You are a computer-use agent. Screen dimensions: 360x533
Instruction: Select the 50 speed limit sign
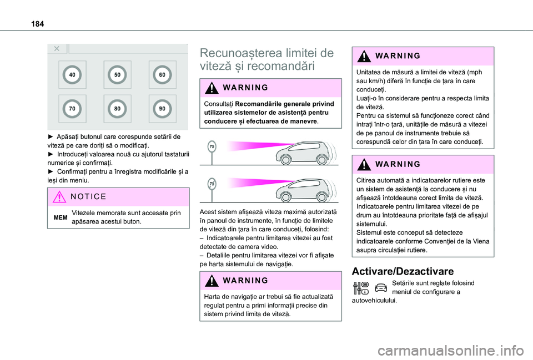(118, 74)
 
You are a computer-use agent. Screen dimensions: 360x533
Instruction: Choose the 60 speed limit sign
(162, 74)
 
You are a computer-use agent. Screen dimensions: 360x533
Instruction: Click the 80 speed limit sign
(118, 109)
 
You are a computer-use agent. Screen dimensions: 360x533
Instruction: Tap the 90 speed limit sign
(162, 109)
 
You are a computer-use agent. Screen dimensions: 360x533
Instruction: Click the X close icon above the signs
(56, 48)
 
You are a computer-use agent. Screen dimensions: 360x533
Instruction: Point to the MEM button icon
(61, 217)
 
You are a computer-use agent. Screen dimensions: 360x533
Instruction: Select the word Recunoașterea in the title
(242, 54)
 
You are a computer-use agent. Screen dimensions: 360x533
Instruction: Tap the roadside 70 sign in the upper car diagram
(212, 146)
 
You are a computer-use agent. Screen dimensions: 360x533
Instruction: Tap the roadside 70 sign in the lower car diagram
(212, 182)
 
